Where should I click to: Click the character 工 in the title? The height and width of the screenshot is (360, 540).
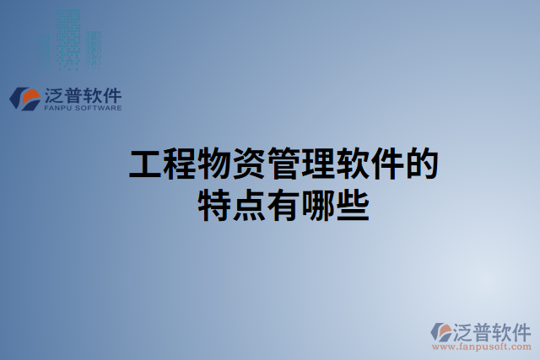click(145, 164)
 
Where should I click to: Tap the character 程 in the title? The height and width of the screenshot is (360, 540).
click(180, 164)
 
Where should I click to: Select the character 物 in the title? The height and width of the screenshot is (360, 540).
click(214, 164)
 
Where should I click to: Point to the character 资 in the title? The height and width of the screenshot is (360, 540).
click(249, 164)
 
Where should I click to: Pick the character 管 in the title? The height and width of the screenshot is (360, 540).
click(283, 164)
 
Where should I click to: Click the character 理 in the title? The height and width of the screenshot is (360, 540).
click(318, 164)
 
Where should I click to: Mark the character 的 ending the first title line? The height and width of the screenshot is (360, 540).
click(422, 164)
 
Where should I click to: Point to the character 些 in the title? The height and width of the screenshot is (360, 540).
click(353, 205)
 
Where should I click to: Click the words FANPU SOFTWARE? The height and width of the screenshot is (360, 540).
click(82, 108)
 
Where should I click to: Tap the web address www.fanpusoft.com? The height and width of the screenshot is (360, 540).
click(481, 345)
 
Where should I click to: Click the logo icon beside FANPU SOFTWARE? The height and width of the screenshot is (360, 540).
click(25, 98)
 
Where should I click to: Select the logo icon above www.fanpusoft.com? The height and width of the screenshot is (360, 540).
click(441, 331)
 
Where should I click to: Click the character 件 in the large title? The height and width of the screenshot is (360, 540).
click(387, 164)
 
